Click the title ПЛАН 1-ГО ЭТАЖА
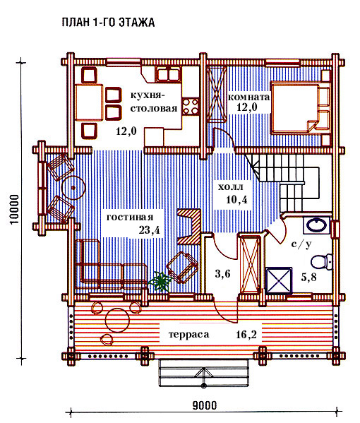tap(108, 23)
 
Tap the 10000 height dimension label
tap(15, 209)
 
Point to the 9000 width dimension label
tap(205, 405)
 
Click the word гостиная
tap(130, 218)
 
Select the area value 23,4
tap(150, 230)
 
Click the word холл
tap(230, 187)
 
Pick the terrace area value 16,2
tap(246, 335)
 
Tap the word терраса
tap(188, 335)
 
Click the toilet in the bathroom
tap(321, 262)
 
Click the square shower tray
tap(279, 280)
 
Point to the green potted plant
tap(160, 281)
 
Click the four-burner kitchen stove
tap(191, 107)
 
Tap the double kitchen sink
tap(168, 74)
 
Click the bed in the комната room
tap(300, 108)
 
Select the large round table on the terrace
tap(118, 320)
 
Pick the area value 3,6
tap(222, 274)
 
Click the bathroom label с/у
tap(301, 244)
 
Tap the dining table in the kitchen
tap(89, 102)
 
